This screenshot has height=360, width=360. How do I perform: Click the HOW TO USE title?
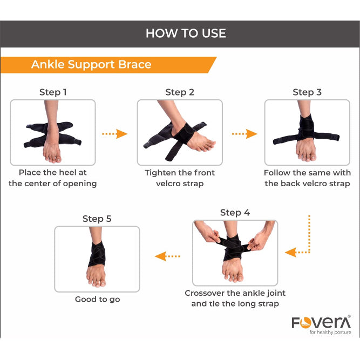pyautogui.click(x=186, y=33)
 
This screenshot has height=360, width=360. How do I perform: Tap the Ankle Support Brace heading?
pyautogui.click(x=91, y=65)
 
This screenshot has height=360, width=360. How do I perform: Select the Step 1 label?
pyautogui.click(x=53, y=92)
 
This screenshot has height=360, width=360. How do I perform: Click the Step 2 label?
pyautogui.click(x=180, y=92)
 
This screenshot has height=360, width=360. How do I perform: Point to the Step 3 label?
pyautogui.click(x=307, y=92)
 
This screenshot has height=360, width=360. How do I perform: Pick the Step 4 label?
pyautogui.click(x=235, y=213)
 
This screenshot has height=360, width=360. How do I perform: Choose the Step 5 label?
pyautogui.click(x=97, y=219)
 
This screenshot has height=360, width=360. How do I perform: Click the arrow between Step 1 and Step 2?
pyautogui.click(x=114, y=134)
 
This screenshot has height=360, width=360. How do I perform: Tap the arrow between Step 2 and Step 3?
pyautogui.click(x=244, y=134)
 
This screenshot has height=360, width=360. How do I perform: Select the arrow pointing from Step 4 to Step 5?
pyautogui.click(x=167, y=256)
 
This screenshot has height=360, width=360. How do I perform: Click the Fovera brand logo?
pyautogui.click(x=321, y=322)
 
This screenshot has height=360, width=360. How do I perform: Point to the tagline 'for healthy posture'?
pyautogui.click(x=330, y=332)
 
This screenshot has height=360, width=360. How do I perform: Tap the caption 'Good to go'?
pyautogui.click(x=97, y=300)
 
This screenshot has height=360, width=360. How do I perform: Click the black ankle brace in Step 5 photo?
pyautogui.click(x=97, y=254)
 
